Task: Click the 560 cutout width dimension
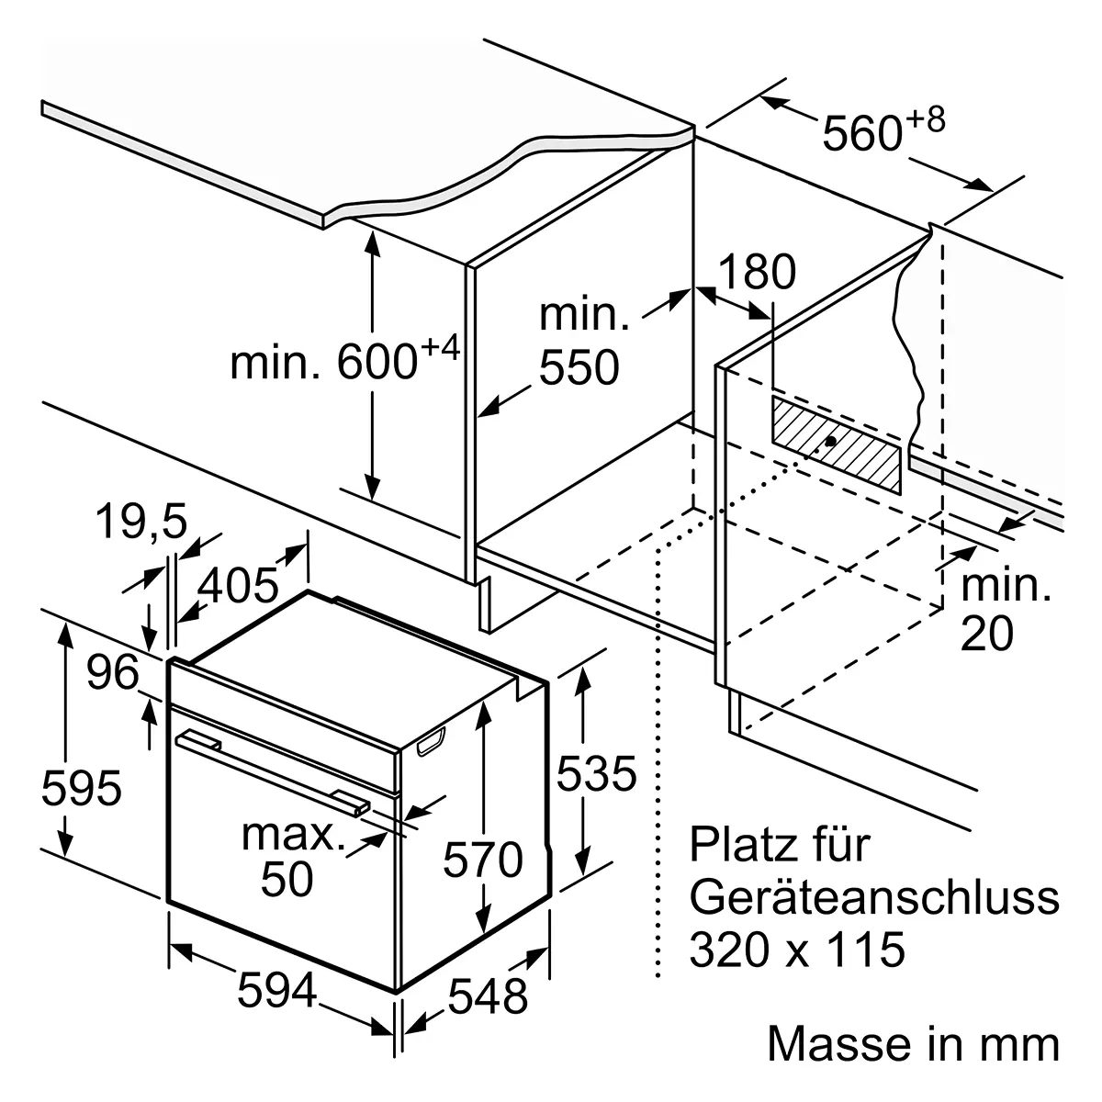coord(883,130)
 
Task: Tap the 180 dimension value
coord(757,271)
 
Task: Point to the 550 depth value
coord(579,367)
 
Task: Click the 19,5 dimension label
coord(141,523)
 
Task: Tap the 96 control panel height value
coord(113,671)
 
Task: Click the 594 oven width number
coord(276,991)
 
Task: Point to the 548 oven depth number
coord(488,996)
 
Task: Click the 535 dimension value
coord(597,774)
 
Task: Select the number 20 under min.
coord(986,633)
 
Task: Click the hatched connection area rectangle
coord(836,444)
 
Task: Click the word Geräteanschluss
coord(874,897)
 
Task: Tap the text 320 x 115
coord(797,950)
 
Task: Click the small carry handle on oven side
coord(432,742)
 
